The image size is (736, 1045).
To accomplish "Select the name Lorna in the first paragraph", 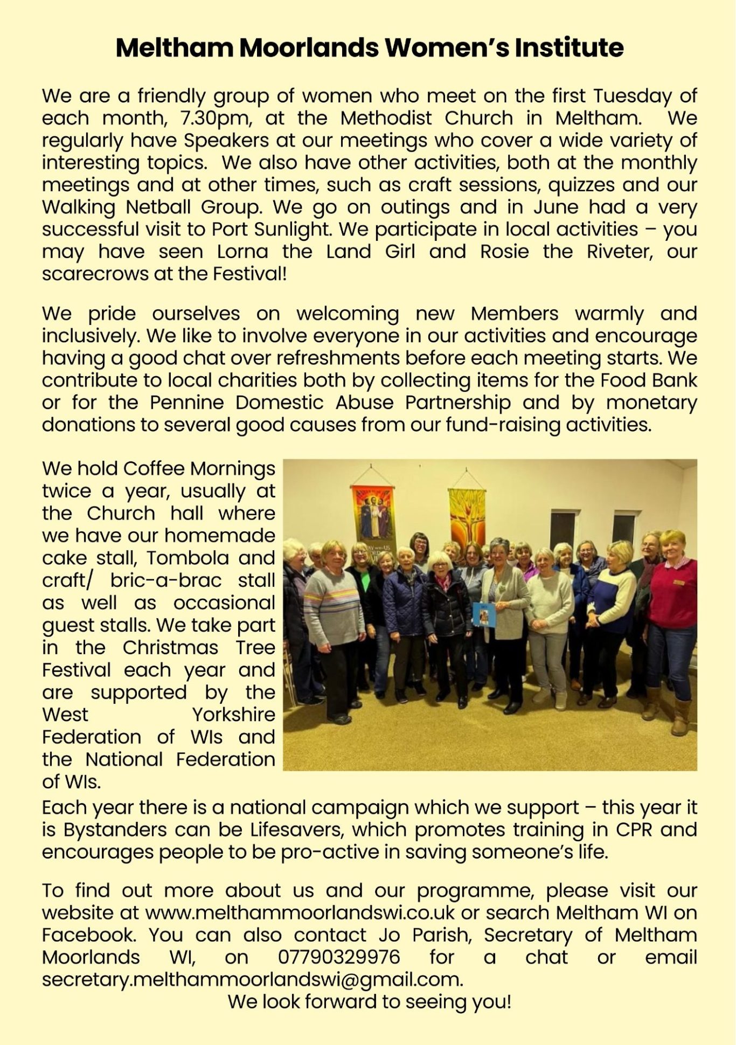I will click(242, 252).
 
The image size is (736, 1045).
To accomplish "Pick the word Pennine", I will click(186, 403).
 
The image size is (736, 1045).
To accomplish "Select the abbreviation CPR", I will click(629, 829).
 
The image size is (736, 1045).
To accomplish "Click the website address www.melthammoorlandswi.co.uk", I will click(300, 913).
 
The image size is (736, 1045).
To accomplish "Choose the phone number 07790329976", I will click(339, 957).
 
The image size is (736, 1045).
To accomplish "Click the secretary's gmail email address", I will click(252, 979).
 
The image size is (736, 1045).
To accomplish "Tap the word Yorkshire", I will click(234, 715).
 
